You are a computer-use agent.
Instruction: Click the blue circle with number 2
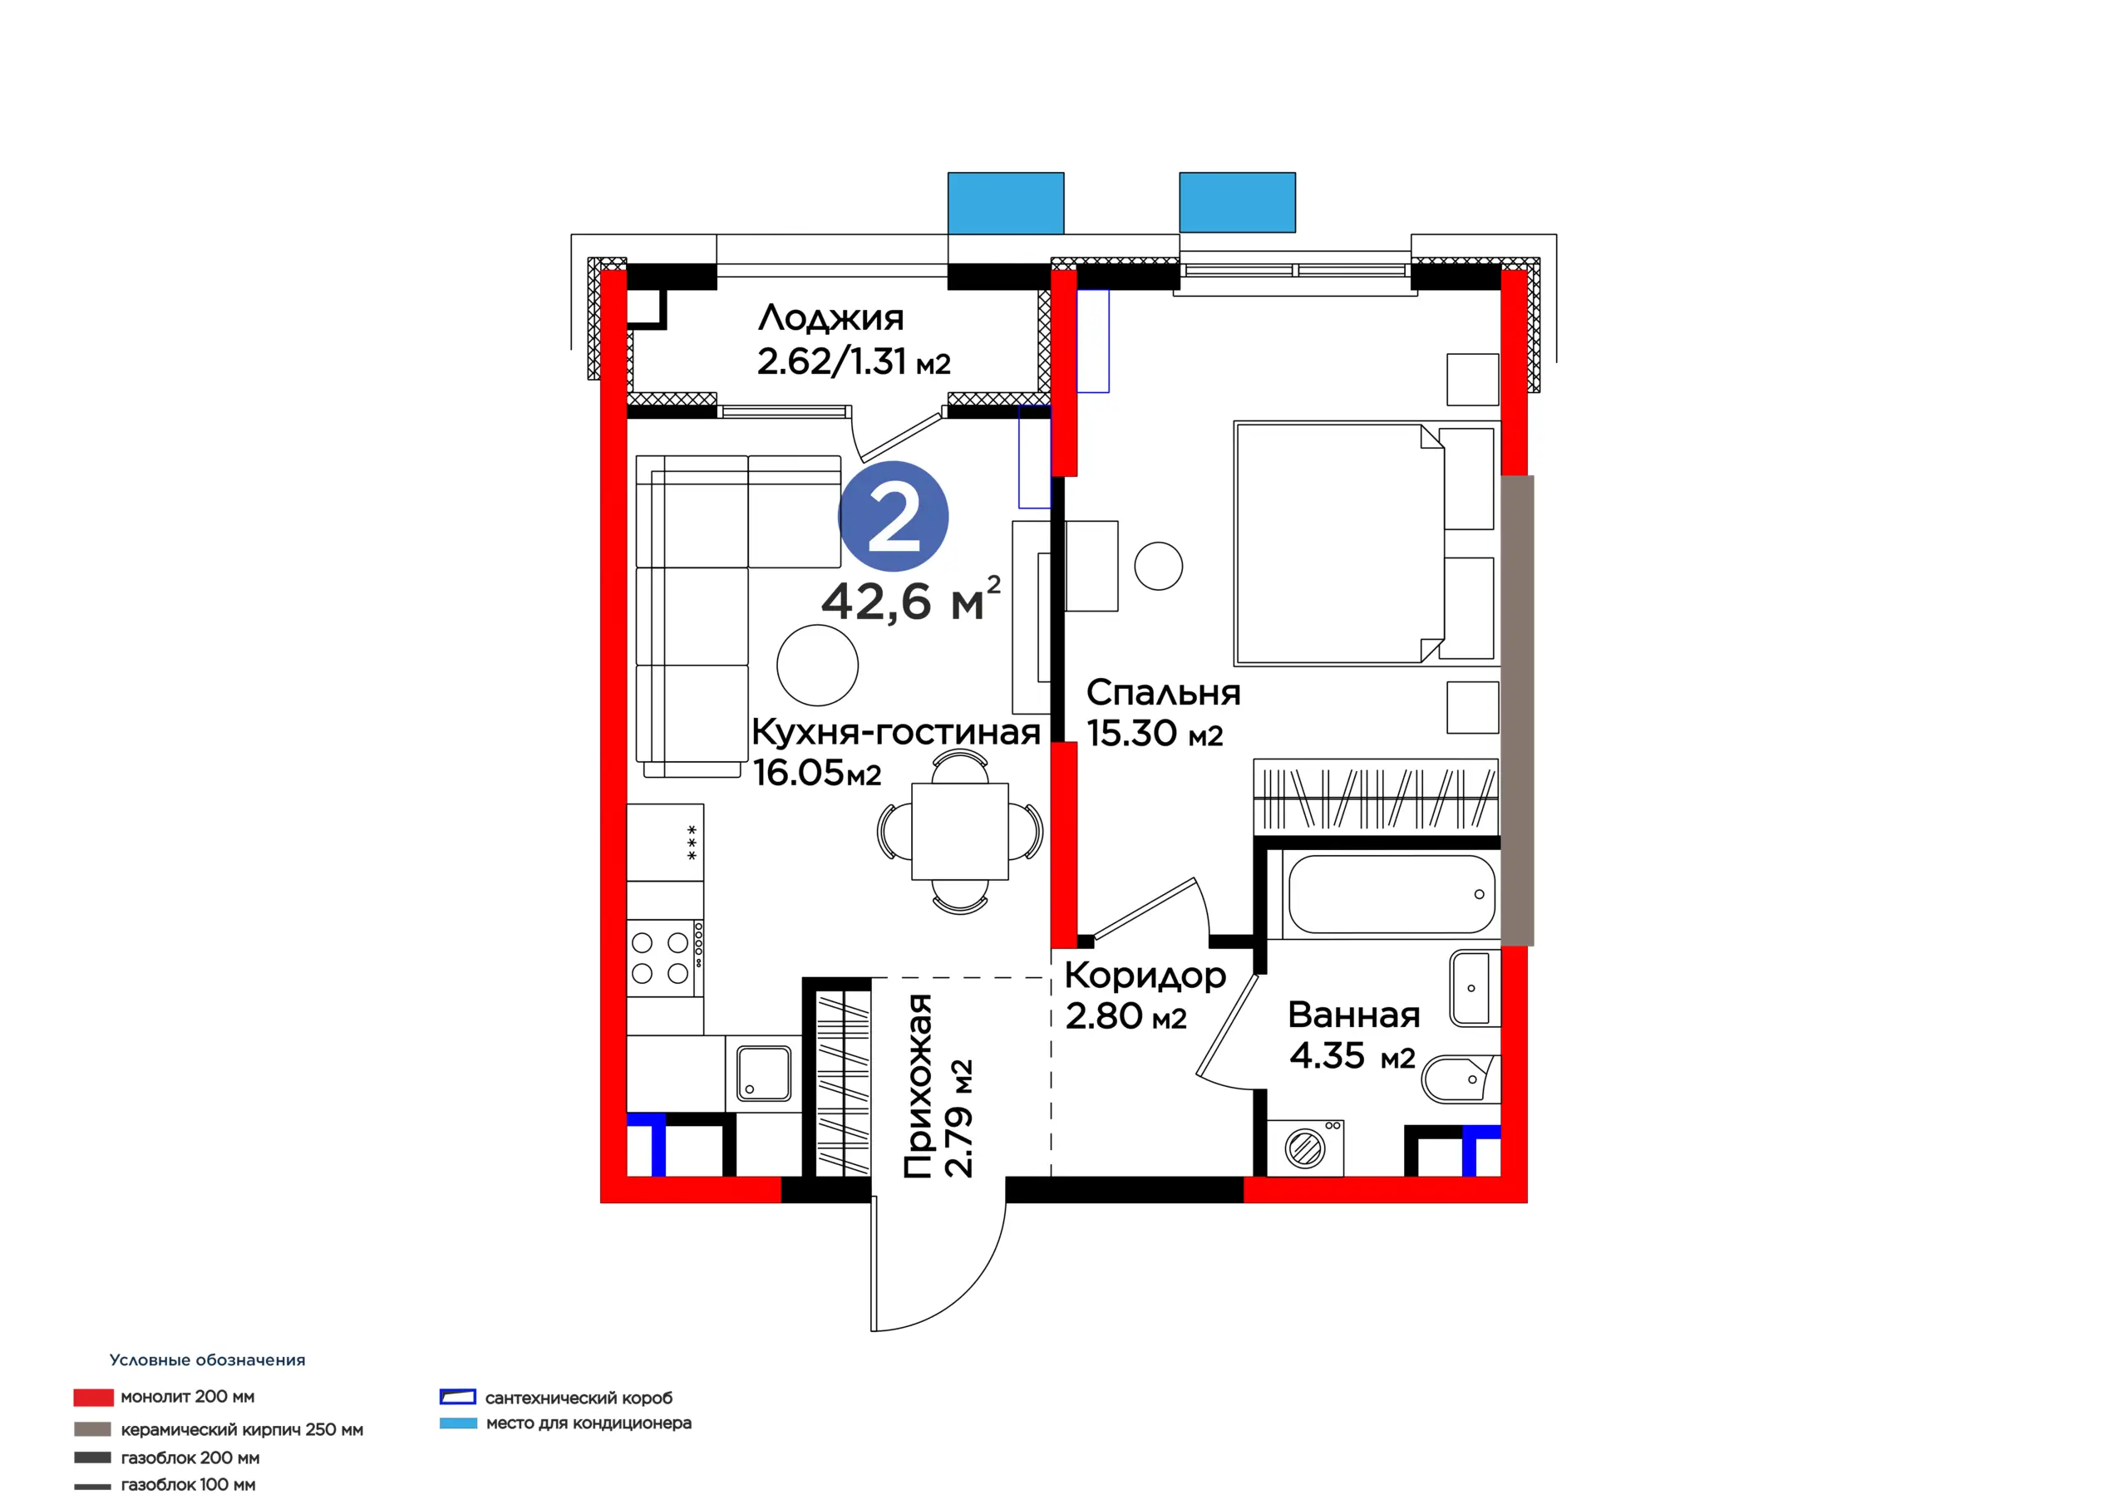[893, 516]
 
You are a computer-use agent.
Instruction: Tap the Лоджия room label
[830, 318]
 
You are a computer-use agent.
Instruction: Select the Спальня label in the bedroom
[1162, 693]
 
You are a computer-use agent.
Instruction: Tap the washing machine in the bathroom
[1305, 1148]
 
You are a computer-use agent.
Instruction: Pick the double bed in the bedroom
[1365, 544]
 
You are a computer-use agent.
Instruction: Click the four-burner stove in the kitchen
[664, 957]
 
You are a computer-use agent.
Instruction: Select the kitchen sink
[764, 1072]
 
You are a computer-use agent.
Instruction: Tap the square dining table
[959, 830]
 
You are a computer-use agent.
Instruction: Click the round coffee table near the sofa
[817, 666]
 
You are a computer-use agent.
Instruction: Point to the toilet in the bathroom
[1460, 1079]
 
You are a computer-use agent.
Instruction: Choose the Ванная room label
[1353, 1015]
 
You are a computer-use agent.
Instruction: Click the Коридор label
[1145, 976]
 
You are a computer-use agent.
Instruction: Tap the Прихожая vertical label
[918, 1086]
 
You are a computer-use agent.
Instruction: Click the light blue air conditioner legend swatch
[458, 1423]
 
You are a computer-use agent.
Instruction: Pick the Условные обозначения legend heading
[207, 1360]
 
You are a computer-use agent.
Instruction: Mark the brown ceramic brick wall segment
[1517, 710]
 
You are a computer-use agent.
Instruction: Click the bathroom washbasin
[1474, 988]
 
